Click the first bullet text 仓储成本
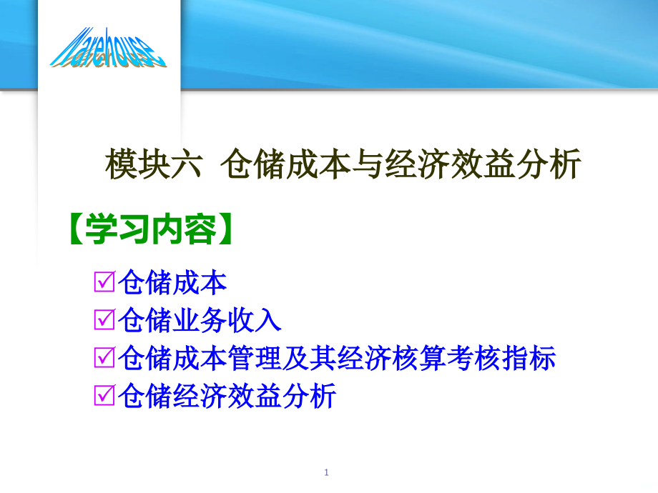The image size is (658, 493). pos(172,283)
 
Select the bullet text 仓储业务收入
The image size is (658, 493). pos(199,320)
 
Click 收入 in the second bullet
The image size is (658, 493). pos(254,320)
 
